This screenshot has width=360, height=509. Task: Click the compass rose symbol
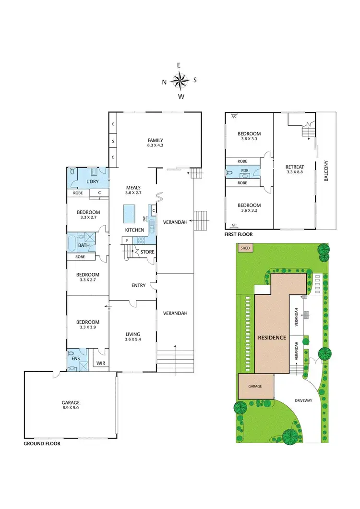click(180, 81)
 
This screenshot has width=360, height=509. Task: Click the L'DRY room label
click(93, 182)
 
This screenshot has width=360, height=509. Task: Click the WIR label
click(101, 364)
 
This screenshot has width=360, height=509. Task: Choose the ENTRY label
click(138, 286)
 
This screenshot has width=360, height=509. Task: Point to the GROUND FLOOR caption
click(42, 444)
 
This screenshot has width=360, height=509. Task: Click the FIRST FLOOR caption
click(239, 235)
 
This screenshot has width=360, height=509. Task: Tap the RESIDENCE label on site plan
click(272, 337)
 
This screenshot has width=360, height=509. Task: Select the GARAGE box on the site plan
click(255, 386)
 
